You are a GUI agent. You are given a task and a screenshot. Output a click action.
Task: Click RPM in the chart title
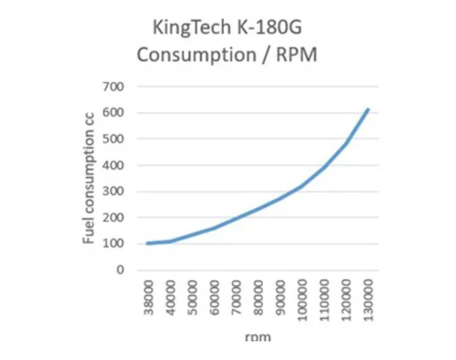pyautogui.click(x=296, y=55)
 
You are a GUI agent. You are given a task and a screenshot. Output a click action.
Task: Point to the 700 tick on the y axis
pyautogui.click(x=113, y=87)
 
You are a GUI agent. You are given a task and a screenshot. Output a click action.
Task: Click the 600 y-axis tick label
pyautogui.click(x=113, y=113)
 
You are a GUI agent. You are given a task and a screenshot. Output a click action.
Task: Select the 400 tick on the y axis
pyautogui.click(x=113, y=166)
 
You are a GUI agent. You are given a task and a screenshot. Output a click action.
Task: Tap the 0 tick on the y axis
pyautogui.click(x=120, y=270)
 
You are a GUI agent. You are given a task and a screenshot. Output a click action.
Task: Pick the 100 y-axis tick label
pyautogui.click(x=113, y=244)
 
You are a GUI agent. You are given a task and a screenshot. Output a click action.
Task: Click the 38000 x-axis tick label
pyautogui.click(x=149, y=298)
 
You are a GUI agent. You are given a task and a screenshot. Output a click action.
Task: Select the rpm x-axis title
pyautogui.click(x=257, y=337)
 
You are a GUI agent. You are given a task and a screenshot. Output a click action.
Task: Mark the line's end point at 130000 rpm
pyautogui.click(x=368, y=109)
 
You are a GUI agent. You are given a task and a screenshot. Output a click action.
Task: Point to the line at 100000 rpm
pyautogui.click(x=302, y=185)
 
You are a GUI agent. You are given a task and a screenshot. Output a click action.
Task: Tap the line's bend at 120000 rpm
pyautogui.click(x=346, y=143)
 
